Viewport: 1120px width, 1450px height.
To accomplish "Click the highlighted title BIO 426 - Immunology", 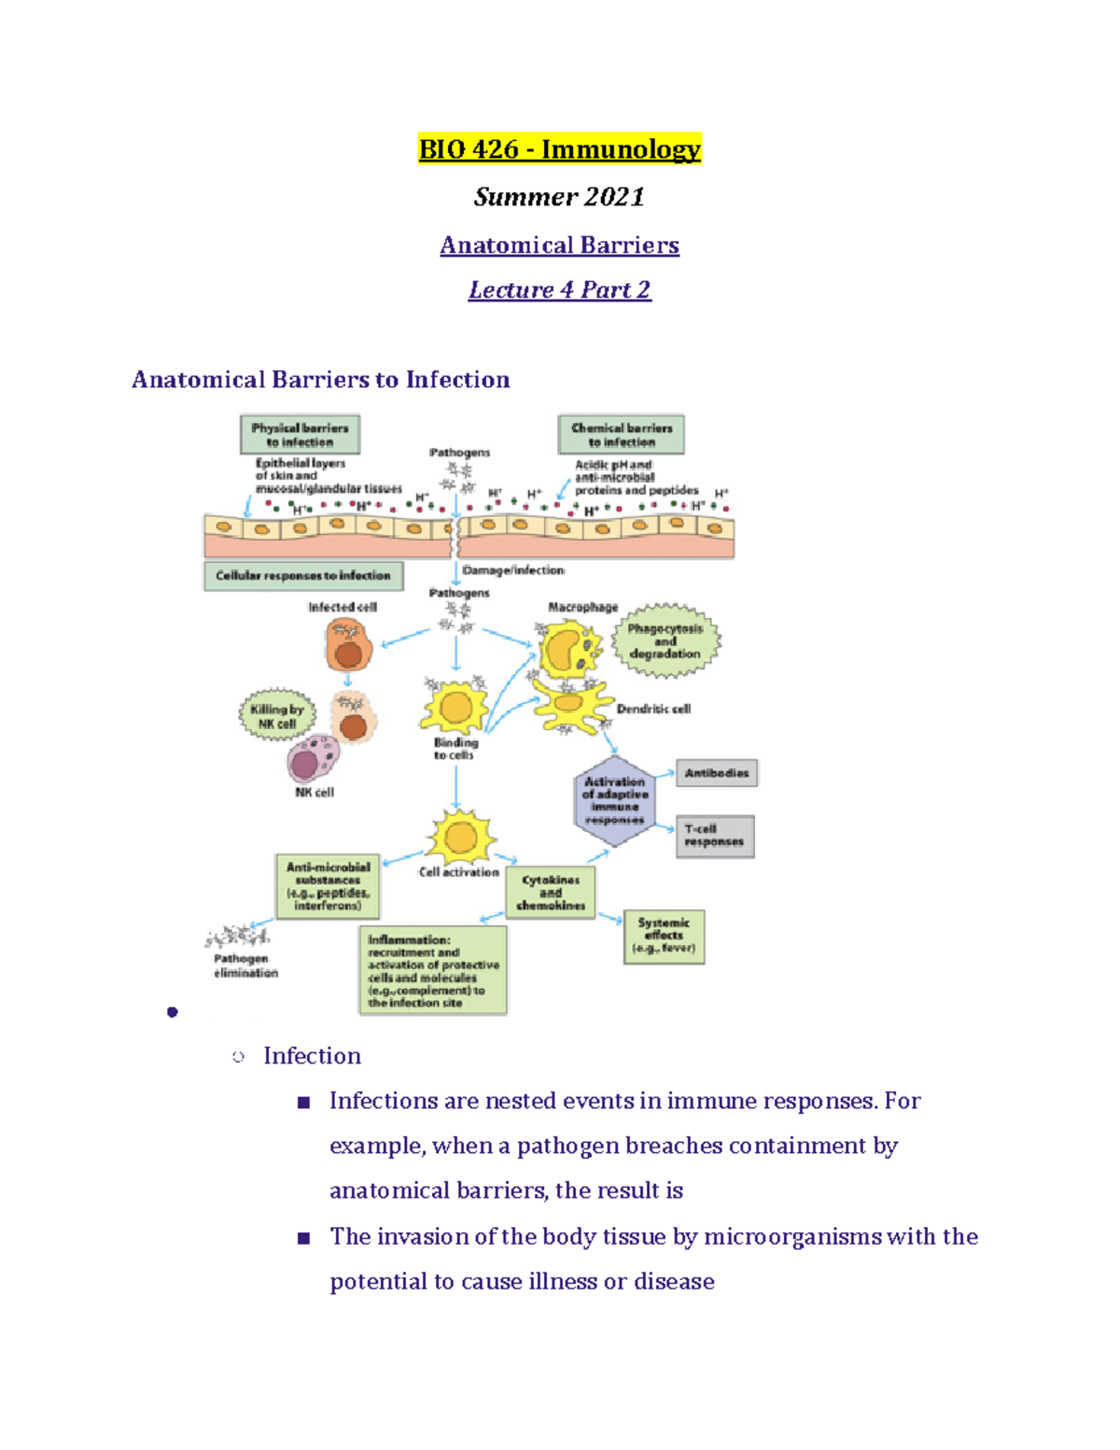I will click(x=559, y=149).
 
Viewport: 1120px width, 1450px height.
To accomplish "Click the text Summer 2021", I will click(x=559, y=197).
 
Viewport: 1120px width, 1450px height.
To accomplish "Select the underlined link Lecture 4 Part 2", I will click(x=559, y=290).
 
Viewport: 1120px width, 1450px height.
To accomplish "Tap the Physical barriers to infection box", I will click(x=300, y=435).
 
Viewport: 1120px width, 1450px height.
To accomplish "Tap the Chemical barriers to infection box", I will click(x=622, y=435).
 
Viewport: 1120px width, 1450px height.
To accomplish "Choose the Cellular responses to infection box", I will click(x=303, y=576).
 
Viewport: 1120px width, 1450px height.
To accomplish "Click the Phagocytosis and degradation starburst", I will click(x=665, y=641).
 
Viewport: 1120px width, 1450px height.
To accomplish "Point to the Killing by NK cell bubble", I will click(x=277, y=716).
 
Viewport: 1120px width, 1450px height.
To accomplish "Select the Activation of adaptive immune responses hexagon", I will click(x=614, y=801).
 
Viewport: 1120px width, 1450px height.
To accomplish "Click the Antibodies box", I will click(x=717, y=773).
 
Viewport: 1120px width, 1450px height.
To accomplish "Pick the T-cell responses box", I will click(x=714, y=836).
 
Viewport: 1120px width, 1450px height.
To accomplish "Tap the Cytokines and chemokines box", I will click(x=551, y=894).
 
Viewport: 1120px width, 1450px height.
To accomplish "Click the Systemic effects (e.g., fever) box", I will click(x=664, y=936).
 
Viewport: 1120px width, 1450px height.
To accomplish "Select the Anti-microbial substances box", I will click(x=328, y=886).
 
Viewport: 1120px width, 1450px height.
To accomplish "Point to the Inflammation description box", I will click(x=433, y=970).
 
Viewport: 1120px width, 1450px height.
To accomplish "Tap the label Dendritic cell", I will click(x=653, y=710).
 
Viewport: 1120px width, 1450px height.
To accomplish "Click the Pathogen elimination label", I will click(x=245, y=965).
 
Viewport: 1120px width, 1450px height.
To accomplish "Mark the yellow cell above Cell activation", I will click(x=460, y=837).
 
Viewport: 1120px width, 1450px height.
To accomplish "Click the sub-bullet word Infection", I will click(x=312, y=1056).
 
